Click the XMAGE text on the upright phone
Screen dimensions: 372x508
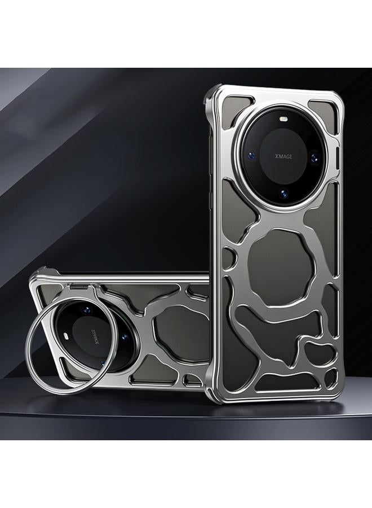284,156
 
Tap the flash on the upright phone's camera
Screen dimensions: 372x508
285,119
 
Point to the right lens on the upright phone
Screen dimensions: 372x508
314,158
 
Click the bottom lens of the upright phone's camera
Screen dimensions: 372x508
284,194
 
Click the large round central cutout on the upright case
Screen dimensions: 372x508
281,267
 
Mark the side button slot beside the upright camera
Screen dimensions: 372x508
338,159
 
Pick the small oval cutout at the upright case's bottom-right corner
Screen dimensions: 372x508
331,378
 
